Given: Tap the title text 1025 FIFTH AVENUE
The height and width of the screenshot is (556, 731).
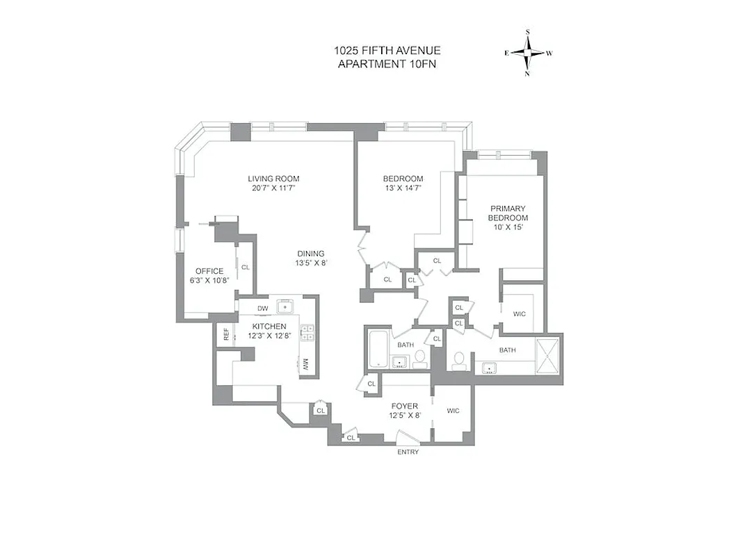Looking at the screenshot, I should tap(387, 51).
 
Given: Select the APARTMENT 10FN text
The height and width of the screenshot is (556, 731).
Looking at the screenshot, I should tap(387, 64).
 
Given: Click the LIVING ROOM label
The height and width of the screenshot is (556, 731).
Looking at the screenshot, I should tap(273, 179).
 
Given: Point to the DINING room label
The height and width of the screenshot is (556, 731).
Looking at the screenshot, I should tap(310, 254).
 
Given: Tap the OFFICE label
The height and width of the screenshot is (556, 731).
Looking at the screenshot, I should tap(209, 271).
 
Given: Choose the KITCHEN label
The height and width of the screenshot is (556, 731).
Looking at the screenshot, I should tap(269, 326).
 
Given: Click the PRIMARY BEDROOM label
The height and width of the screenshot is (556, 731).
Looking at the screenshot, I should tap(508, 213).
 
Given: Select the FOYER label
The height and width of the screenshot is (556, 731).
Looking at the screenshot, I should tap(404, 406).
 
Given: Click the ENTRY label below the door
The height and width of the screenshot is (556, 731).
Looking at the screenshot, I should tap(408, 452).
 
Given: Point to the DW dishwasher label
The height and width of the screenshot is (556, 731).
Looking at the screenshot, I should tap(262, 309).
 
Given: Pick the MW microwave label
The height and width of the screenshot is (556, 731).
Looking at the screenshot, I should tap(305, 363).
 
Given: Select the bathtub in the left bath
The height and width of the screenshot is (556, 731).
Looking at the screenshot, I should tap(378, 350).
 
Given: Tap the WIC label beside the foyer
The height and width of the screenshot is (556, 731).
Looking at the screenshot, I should tap(453, 411).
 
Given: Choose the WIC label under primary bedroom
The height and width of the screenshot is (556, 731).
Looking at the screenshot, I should tap(520, 313).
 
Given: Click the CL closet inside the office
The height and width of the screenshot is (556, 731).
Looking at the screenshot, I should tap(246, 266).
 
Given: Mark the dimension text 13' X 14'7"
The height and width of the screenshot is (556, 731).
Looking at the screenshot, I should tap(403, 188).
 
